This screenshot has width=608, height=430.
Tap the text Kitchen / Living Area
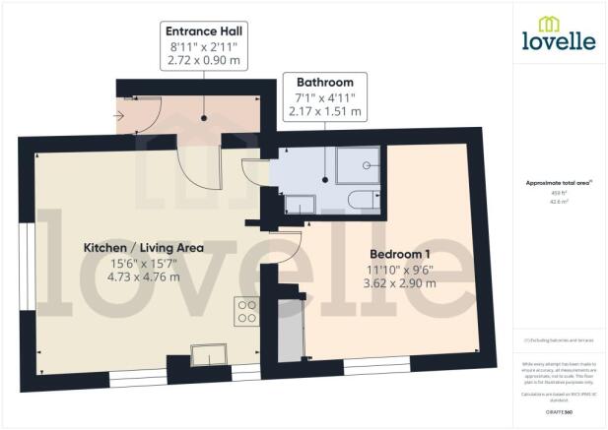coord(143,247)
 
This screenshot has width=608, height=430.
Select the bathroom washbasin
coord(301,204)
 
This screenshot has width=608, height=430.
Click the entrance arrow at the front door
coord(122,115)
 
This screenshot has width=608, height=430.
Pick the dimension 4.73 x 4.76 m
coord(143,277)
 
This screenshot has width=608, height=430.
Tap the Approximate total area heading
coord(558,183)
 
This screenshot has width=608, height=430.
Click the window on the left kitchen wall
coord(25,260)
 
